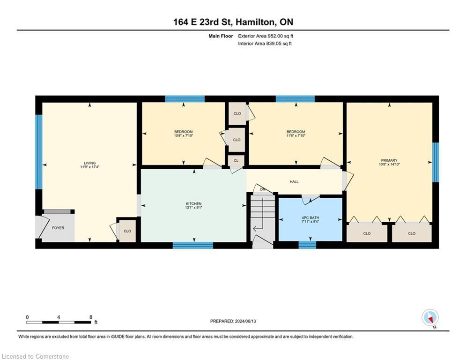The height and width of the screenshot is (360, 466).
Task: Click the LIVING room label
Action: (x=90, y=163)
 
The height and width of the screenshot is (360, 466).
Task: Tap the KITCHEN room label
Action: (x=194, y=204)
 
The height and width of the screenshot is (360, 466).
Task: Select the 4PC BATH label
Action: (x=310, y=218)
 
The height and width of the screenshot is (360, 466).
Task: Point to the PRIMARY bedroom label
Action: (x=389, y=160)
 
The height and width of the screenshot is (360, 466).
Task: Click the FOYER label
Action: (x=58, y=228)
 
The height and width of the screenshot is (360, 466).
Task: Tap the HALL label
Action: (x=294, y=182)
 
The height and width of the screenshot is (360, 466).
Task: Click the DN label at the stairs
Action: (x=263, y=189)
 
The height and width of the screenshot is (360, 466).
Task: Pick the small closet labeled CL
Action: (x=236, y=161)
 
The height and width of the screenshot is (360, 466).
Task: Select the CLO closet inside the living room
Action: (x=127, y=231)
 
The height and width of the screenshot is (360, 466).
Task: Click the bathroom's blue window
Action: (x=307, y=245)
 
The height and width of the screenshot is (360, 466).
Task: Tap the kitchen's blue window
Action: (x=193, y=246)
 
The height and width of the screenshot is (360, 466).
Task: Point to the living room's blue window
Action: (x=38, y=152)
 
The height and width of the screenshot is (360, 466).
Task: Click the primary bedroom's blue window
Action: (x=436, y=162)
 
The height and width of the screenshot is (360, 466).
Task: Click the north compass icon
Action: (x=430, y=317)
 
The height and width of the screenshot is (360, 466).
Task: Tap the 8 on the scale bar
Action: (x=91, y=317)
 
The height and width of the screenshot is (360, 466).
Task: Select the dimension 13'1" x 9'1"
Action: (x=194, y=208)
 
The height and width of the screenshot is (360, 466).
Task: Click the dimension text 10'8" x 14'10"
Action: (x=389, y=164)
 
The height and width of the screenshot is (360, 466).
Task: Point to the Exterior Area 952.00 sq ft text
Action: (x=266, y=36)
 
